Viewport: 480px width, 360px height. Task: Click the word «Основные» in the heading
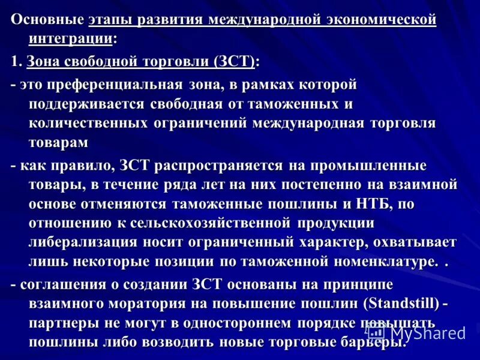pyautogui.click(x=47, y=20)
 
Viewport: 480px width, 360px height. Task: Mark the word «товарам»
pyautogui.click(x=58, y=143)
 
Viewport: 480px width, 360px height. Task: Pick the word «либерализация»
pyautogui.click(x=83, y=242)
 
